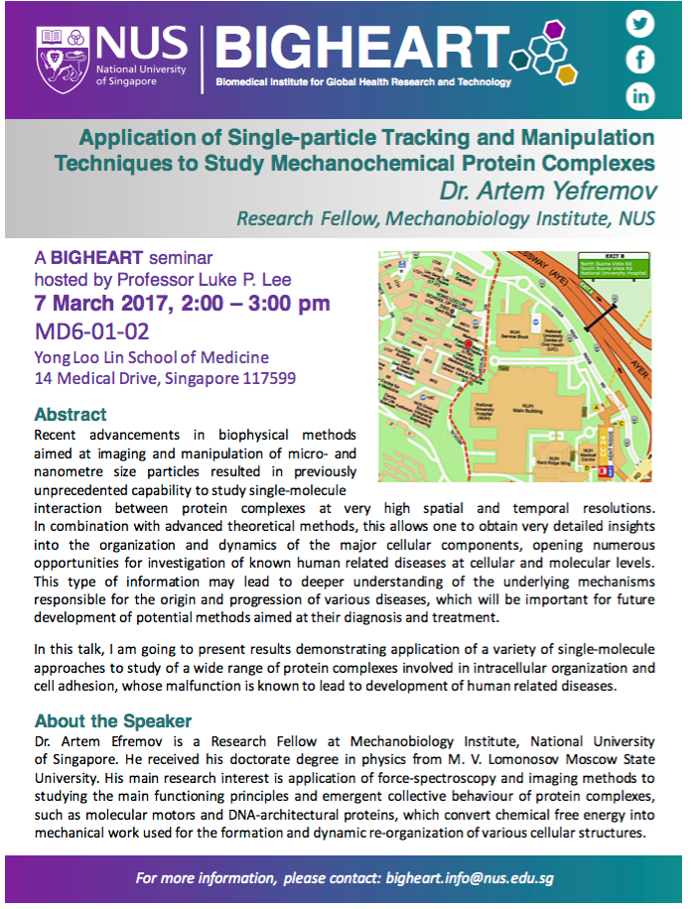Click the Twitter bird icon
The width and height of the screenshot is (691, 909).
click(x=641, y=24)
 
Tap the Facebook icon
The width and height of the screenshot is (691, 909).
click(x=641, y=60)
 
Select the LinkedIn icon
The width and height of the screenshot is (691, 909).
click(x=641, y=95)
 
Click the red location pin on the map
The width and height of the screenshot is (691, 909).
click(x=468, y=343)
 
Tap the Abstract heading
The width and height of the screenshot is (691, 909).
click(x=70, y=414)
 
